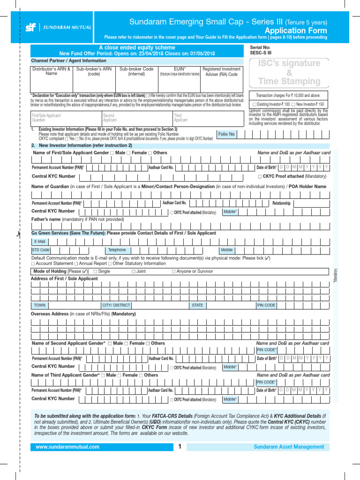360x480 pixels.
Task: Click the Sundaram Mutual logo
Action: (x=52, y=27)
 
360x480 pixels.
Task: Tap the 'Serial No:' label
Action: (x=260, y=48)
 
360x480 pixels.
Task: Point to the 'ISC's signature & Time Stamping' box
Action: (x=289, y=72)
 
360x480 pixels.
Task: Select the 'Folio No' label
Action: (x=226, y=134)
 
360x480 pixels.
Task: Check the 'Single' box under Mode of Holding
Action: (x=96, y=271)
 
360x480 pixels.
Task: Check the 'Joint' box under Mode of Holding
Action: (x=134, y=271)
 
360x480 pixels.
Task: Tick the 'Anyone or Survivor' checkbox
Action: (x=174, y=271)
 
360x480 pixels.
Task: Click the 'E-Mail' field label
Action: (x=40, y=241)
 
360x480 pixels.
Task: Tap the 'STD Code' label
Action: (x=41, y=250)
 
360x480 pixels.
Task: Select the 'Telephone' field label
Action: (x=117, y=250)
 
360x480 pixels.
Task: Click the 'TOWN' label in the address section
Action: (x=40, y=305)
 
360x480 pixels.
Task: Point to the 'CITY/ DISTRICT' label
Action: (x=116, y=305)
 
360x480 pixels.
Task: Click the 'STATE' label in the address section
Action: (x=197, y=305)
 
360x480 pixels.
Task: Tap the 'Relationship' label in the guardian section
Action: (x=281, y=203)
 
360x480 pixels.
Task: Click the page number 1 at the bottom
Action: (x=180, y=447)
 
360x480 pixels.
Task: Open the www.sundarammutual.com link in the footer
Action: (x=67, y=447)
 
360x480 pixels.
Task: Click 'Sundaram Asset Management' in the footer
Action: (x=289, y=447)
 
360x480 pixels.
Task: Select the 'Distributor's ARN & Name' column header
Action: (x=51, y=71)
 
